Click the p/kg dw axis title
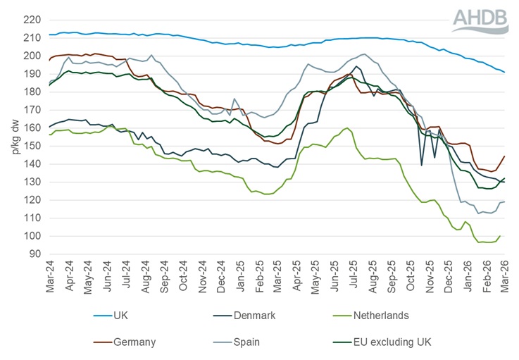click(12, 137)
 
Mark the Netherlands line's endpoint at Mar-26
click(500, 236)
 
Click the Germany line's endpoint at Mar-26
click(504, 156)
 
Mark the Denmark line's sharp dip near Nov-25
click(422, 166)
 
